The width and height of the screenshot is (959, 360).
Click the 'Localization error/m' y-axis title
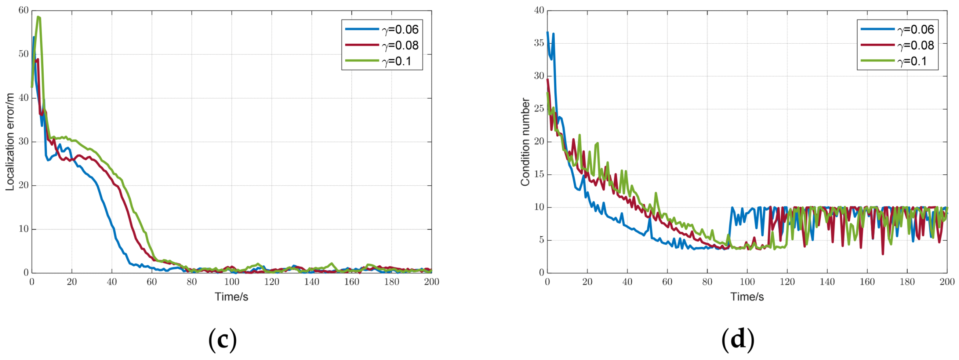[x=10, y=142]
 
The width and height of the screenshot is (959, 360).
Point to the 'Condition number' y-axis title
[x=525, y=142]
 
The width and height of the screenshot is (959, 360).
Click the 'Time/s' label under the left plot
[x=231, y=296]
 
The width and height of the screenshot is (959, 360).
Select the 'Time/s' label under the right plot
[x=747, y=296]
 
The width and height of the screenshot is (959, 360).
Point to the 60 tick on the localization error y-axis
[x=23, y=11]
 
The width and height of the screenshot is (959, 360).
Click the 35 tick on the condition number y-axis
[x=539, y=43]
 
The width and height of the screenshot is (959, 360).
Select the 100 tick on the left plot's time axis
[x=232, y=282]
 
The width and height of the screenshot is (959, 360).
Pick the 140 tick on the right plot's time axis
[x=827, y=282]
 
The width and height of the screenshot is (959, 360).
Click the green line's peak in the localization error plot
[x=38, y=17]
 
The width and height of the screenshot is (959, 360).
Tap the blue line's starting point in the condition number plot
[x=547, y=32]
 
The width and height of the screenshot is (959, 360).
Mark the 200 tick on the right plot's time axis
[x=947, y=282]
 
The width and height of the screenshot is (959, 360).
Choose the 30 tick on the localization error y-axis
[x=23, y=142]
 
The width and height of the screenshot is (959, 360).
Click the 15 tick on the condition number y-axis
[x=539, y=174]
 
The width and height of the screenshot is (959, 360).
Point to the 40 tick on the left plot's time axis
[x=112, y=282]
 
